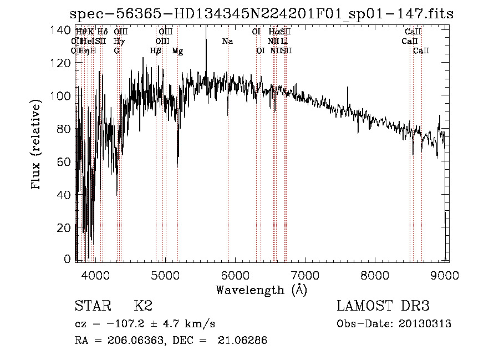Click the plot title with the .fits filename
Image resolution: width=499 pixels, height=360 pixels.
263,14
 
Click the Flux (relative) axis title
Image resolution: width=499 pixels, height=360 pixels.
37,145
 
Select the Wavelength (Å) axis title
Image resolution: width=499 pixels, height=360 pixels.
261,290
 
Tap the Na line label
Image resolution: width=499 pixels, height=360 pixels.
227,42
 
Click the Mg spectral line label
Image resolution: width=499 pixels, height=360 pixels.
177,51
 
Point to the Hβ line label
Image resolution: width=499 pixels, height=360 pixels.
156,51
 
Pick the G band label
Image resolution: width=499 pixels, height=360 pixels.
116,51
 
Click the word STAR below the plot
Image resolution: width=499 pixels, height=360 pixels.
91,306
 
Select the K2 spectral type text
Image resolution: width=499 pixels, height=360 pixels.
143,306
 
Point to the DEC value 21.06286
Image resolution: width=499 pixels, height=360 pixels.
245,341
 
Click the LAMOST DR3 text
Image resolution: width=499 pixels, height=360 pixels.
383,306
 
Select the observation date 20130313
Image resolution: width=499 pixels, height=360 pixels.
425,324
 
